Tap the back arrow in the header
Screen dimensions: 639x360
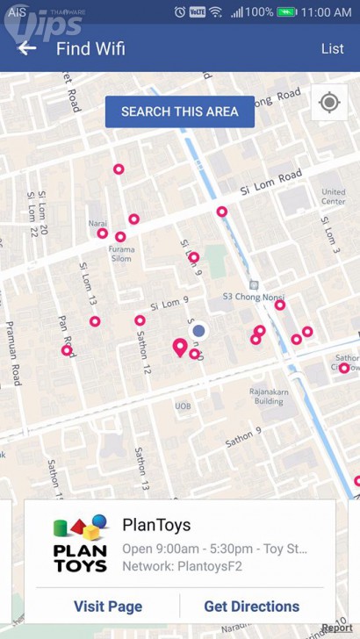pyautogui.click(x=27, y=48)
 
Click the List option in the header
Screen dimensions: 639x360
pyautogui.click(x=332, y=48)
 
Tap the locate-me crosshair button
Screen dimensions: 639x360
pyautogui.click(x=329, y=103)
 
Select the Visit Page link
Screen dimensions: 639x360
pyautogui.click(x=107, y=606)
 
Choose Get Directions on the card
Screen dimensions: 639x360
pyautogui.click(x=251, y=606)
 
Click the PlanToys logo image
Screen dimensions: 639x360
pyautogui.click(x=80, y=543)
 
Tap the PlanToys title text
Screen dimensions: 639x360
pyautogui.click(x=156, y=526)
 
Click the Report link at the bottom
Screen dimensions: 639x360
pyautogui.click(x=336, y=628)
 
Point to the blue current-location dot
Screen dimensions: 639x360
pyautogui.click(x=199, y=331)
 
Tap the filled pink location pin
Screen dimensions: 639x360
pyautogui.click(x=180, y=348)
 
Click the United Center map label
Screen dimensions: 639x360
pyautogui.click(x=333, y=197)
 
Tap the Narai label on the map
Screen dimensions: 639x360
pyautogui.click(x=97, y=223)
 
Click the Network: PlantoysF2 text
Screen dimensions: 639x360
pyautogui.click(x=182, y=566)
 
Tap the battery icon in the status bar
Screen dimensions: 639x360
pyautogui.click(x=286, y=12)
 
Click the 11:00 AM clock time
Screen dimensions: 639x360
pyautogui.click(x=326, y=12)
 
